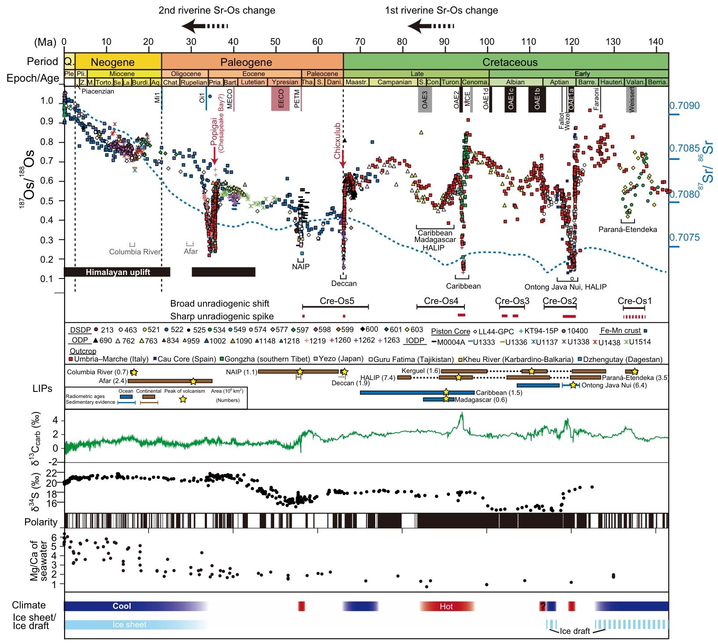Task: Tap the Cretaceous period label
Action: click(x=510, y=62)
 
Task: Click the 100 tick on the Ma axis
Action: click(x=486, y=42)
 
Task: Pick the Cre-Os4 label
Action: click(x=441, y=301)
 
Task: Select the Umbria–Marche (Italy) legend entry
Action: click(x=112, y=359)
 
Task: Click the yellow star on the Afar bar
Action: click(x=193, y=381)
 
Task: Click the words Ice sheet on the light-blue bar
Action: click(x=130, y=625)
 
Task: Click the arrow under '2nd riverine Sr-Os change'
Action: click(x=205, y=27)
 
